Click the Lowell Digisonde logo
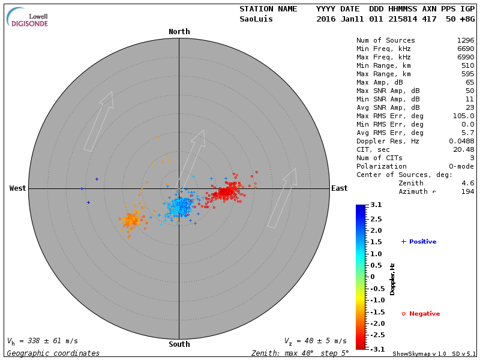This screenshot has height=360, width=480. tap(29, 17)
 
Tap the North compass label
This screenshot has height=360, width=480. tap(179, 32)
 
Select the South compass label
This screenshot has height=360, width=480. tap(179, 344)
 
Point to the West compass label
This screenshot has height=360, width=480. tap(17, 188)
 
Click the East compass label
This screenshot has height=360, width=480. tap(340, 188)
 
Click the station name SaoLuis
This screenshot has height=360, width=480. tap(256, 19)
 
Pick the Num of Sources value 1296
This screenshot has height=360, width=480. tap(465, 41)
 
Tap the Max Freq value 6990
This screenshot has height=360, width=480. tap(465, 58)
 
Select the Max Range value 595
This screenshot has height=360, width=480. tap(467, 74)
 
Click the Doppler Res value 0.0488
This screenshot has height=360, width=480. tap(461, 141)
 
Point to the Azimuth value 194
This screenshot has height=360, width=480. tap(467, 191)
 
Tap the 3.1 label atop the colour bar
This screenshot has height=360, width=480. tap(376, 205)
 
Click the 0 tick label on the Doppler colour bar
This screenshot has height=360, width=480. tap(372, 277)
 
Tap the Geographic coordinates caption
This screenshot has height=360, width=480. tap(53, 353)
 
